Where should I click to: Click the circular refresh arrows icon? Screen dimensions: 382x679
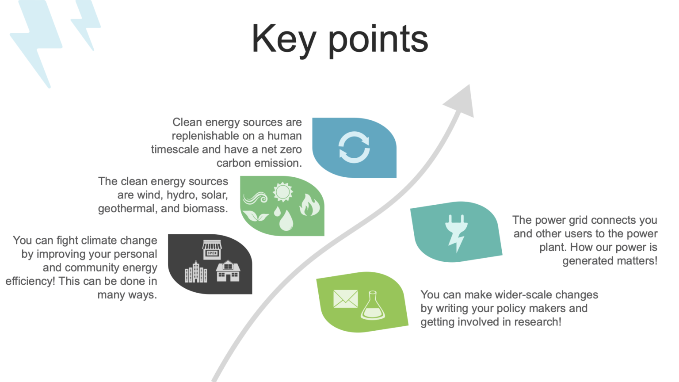[354, 147]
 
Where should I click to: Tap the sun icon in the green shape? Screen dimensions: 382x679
[283, 192]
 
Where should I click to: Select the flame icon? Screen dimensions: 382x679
[309, 205]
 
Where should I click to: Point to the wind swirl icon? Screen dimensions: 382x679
[256, 198]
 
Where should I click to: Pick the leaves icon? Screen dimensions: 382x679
[256, 216]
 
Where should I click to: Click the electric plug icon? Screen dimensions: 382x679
[456, 232]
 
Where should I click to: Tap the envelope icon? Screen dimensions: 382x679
[345, 299]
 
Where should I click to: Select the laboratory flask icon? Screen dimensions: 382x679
[373, 306]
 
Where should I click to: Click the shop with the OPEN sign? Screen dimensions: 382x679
[212, 250]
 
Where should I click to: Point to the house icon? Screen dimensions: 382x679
[228, 271]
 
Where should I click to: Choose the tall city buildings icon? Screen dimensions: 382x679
[196, 272]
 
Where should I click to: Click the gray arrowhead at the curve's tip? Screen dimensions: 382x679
[462, 101]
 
